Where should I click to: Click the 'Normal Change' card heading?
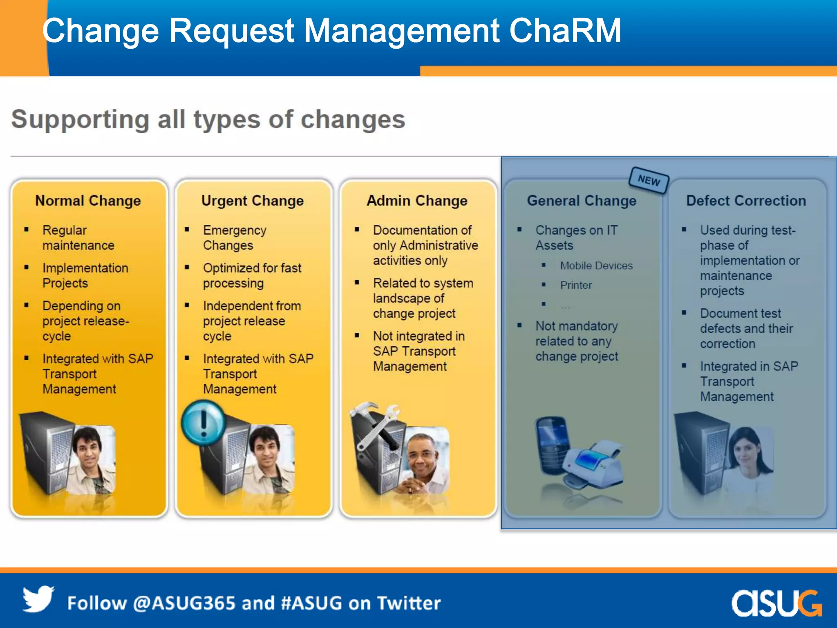coord(88,201)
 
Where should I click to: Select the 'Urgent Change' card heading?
coord(253,201)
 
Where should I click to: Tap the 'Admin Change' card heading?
coord(417,201)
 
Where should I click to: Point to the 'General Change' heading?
coord(582,201)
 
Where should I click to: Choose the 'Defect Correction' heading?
coord(746,201)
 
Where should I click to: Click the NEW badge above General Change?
coord(649,180)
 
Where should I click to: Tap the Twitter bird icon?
coord(38,599)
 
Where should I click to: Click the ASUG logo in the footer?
coord(776,603)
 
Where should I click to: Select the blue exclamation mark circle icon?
coord(204,423)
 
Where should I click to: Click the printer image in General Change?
coord(593,466)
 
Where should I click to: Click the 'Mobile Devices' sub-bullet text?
coord(596,266)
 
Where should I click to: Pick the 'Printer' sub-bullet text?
coord(576,285)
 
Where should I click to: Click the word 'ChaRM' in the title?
coord(565,31)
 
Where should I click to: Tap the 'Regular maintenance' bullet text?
coord(78,238)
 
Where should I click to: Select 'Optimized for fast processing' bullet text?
coord(252,276)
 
